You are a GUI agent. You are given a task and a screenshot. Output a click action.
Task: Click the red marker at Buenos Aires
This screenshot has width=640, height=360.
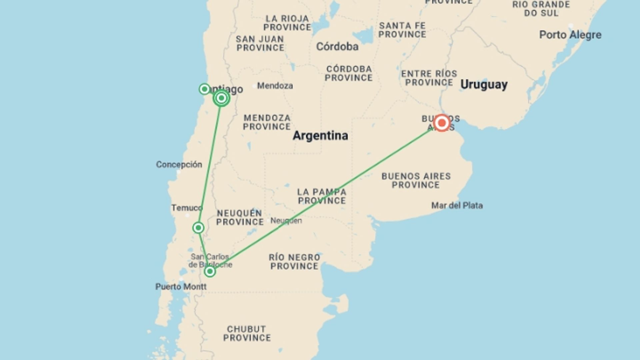click(x=442, y=123)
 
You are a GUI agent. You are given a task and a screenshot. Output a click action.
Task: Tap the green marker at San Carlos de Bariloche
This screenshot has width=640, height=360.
click(x=210, y=271)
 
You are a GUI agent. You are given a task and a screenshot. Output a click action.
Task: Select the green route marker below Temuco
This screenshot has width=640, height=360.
click(x=198, y=228)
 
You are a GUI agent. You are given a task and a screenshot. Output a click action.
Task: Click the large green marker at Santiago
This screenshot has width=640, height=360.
click(x=221, y=98)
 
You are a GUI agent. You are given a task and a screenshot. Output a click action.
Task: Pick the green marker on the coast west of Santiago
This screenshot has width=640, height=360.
click(x=204, y=89)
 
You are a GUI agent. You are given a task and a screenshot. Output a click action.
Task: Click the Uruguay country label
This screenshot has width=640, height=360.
click(x=484, y=85)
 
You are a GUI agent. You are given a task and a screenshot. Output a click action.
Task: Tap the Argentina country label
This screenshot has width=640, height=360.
click(x=320, y=136)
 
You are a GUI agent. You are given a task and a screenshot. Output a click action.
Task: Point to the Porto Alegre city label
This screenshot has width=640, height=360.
click(x=570, y=35)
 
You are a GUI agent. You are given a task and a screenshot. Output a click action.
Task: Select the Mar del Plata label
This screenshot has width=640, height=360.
click(x=457, y=205)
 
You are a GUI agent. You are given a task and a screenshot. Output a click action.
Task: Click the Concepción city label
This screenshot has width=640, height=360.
click(x=179, y=164)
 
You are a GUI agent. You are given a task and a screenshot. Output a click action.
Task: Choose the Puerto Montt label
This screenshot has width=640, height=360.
click(x=181, y=286)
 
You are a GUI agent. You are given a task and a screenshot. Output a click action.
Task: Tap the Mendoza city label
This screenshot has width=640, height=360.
click(x=275, y=86)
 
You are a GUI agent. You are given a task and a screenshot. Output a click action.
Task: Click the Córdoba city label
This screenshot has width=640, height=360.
click(x=337, y=47)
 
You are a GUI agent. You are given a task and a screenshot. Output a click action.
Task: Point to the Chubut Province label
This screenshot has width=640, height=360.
click(x=247, y=333)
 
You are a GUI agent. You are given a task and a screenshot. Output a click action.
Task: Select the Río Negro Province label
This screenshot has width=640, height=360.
click(x=294, y=262)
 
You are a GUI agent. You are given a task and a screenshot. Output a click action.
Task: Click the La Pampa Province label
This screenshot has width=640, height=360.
click(x=322, y=196)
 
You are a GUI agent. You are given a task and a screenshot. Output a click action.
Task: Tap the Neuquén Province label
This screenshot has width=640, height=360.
click(x=240, y=217)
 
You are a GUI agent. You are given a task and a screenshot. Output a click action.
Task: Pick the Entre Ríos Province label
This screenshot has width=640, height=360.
click(x=429, y=78)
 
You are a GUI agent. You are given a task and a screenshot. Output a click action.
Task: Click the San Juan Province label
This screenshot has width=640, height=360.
click(x=260, y=43)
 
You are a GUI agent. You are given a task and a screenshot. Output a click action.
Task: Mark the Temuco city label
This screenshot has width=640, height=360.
click(x=187, y=208)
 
